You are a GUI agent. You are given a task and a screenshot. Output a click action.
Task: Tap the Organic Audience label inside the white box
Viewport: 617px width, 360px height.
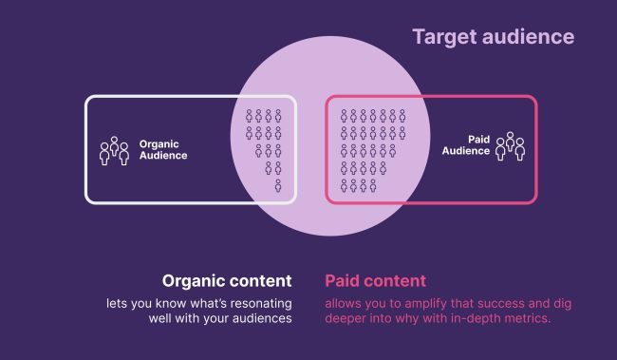click(x=163, y=150)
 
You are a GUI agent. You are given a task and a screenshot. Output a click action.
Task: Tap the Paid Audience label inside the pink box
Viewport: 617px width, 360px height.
click(x=466, y=144)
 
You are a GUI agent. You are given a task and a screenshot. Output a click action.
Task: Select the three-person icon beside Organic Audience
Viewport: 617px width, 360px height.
click(x=114, y=151)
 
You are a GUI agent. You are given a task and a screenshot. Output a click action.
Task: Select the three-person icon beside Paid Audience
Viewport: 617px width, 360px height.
click(x=510, y=145)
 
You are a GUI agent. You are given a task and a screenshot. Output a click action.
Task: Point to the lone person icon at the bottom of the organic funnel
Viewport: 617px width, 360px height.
click(x=278, y=186)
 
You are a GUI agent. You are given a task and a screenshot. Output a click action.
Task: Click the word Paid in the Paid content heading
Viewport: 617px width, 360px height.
click(x=344, y=281)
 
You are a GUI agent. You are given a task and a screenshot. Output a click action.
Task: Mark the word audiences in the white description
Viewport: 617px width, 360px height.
click(x=259, y=318)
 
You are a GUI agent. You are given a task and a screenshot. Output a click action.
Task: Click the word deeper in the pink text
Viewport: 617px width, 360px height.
click(x=346, y=318)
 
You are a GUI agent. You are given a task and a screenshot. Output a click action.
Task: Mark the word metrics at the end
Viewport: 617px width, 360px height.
click(x=531, y=318)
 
